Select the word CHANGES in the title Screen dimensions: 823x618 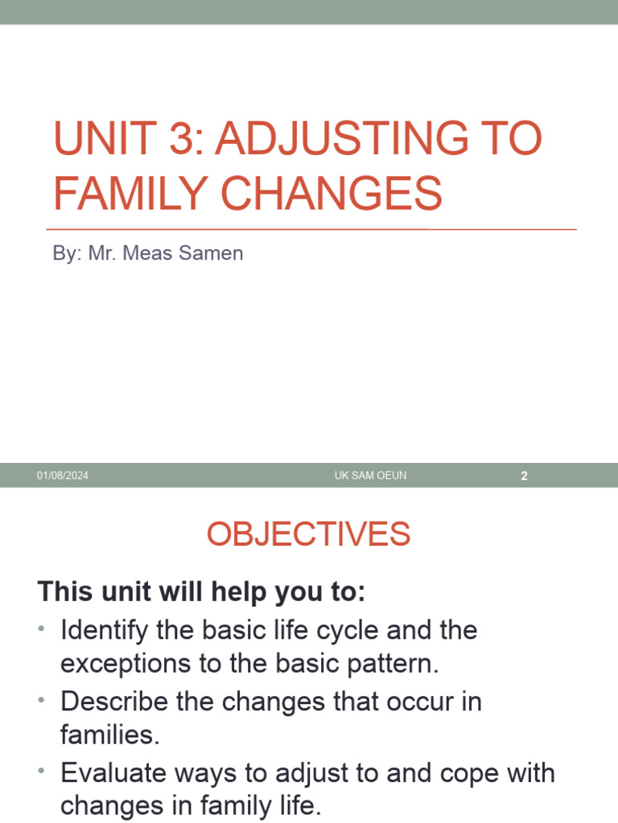pos(323,194)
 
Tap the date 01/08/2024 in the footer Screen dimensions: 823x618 pos(62,476)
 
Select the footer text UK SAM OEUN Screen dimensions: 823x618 pos(370,476)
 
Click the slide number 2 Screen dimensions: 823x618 pos(524,476)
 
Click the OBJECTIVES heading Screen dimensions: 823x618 pos(308,534)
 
